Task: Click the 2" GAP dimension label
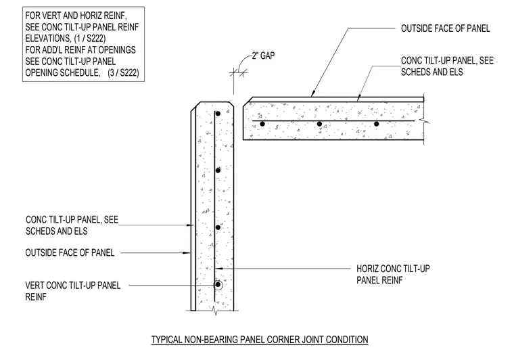[x=263, y=55]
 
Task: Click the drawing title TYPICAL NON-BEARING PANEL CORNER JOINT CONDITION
[x=260, y=339]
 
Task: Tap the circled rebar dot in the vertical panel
[x=218, y=285]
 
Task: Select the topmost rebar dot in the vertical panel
[x=218, y=114]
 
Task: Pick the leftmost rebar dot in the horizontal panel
[x=262, y=124]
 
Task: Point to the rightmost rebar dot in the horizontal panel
[x=376, y=124]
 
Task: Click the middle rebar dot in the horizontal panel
[x=319, y=124]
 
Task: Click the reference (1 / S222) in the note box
[x=89, y=39]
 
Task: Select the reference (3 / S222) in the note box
[x=123, y=73]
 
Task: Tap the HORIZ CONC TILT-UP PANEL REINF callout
[x=393, y=275]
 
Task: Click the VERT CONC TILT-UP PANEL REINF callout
[x=73, y=291]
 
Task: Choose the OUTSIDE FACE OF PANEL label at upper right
[x=446, y=28]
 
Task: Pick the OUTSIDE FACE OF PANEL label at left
[x=70, y=253]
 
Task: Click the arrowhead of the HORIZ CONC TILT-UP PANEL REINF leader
[x=219, y=269]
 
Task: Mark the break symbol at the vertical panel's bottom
[x=214, y=310]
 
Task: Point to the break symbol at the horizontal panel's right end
[x=425, y=122]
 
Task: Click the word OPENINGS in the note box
[x=117, y=50]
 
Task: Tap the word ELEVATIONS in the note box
[x=48, y=39]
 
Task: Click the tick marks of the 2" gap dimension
[x=238, y=73]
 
